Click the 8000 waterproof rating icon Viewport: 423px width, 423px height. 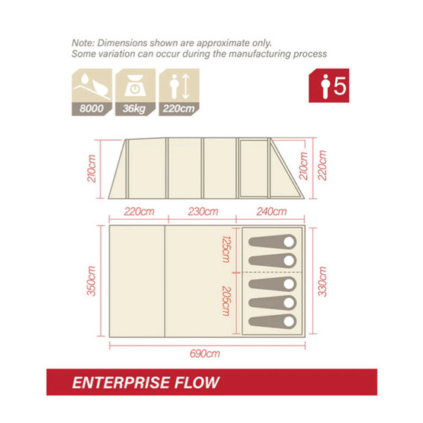coord(92,92)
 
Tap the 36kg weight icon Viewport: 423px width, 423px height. coord(136,92)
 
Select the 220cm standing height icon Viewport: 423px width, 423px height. coord(179,92)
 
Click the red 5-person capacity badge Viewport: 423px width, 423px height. coord(329,86)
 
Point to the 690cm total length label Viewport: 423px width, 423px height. coord(205,354)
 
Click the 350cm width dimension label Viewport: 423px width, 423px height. coord(92,281)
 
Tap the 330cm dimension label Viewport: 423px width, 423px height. coord(322,282)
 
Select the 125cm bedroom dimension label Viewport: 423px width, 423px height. coord(226,249)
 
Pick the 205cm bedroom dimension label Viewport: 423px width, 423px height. coord(226,301)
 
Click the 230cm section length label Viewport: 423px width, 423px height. coord(203,211)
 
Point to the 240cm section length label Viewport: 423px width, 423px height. coord(272,211)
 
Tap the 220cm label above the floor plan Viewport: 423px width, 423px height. coord(139,211)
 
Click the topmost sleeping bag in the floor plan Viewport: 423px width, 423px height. coord(273,241)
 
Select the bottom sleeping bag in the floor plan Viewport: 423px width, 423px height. coord(273,321)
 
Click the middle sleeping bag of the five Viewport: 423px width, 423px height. coord(273,284)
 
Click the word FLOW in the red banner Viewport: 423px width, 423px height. coord(197,383)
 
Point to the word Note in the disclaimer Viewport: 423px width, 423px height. coord(83,43)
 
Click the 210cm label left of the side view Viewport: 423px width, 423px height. coord(92,168)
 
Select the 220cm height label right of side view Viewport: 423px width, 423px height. coord(322,165)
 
